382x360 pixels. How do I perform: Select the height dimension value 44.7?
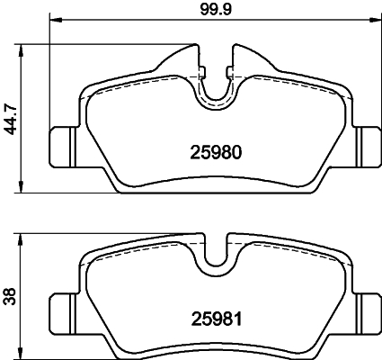[10, 117]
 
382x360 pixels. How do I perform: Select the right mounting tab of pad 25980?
[368, 141]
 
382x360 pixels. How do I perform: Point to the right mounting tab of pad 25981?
[368, 304]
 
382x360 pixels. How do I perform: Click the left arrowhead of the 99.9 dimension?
[52, 19]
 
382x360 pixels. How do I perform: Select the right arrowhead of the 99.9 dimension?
[376, 19]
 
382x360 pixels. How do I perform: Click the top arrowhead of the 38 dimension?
[22, 235]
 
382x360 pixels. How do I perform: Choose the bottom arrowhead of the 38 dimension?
[22, 353]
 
